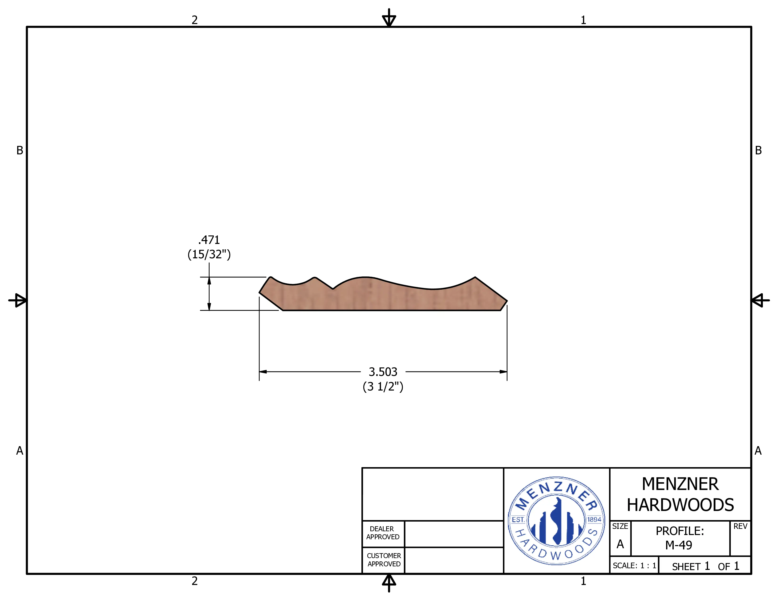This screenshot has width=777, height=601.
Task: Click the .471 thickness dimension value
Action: (x=209, y=240)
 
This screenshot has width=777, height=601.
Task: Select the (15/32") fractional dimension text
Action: (x=209, y=254)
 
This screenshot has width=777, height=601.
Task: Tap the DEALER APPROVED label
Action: (x=383, y=533)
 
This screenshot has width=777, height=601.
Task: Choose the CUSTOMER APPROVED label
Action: (x=384, y=560)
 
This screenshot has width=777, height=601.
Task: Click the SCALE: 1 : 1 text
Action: (x=634, y=565)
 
